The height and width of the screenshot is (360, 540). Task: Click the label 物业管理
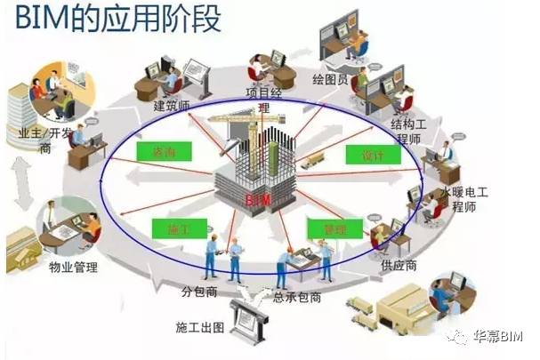coord(72,267)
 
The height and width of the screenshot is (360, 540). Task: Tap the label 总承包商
coord(297,298)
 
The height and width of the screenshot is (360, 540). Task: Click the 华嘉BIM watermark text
coord(499,336)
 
